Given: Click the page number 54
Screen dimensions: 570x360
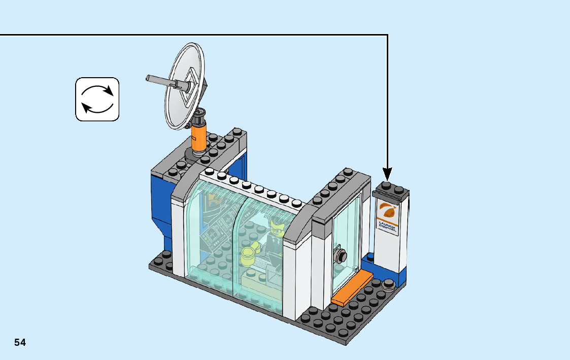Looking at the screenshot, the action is pos(20,342).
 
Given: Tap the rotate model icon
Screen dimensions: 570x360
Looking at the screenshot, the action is pos(97,99).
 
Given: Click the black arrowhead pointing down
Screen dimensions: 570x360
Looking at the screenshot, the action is pos(387,174).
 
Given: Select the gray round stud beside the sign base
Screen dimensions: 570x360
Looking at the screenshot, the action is pos(389,284).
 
